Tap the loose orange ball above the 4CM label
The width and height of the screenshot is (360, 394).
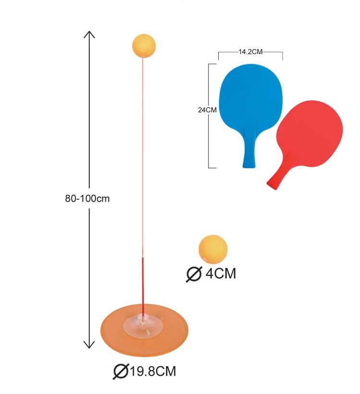[212, 249]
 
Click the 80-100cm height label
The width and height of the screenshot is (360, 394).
[88, 198]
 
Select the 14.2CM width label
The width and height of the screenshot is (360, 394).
[251, 51]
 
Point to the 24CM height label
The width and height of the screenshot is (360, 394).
[207, 110]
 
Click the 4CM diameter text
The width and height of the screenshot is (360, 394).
[221, 274]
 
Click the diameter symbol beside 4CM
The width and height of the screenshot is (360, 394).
[194, 274]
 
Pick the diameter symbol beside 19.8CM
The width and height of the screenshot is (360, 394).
[120, 371]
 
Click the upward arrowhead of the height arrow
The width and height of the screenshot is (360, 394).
[89, 34]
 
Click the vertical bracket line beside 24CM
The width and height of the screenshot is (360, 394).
[209, 144]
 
